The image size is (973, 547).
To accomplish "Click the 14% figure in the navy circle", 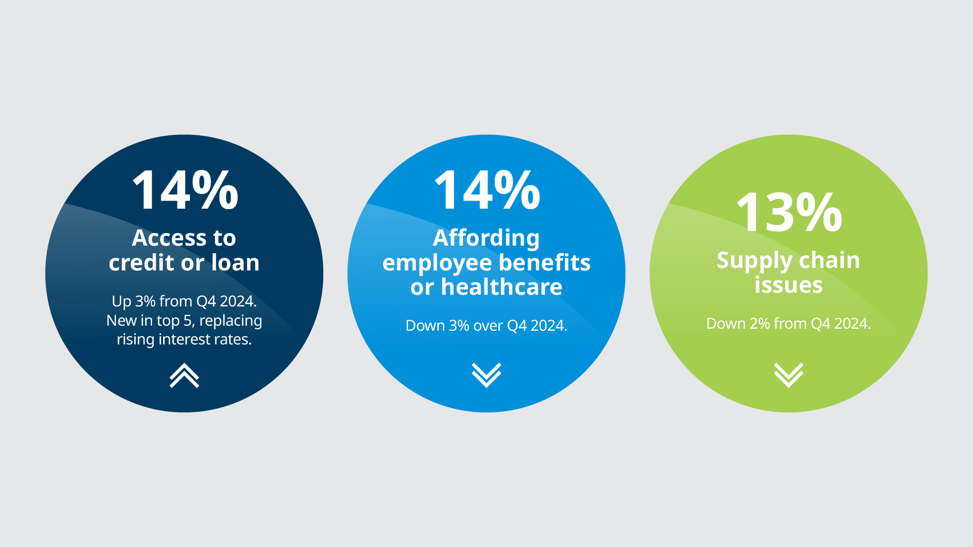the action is [185, 190].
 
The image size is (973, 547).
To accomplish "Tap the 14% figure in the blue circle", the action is [487, 190].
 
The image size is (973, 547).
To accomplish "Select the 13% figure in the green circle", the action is [789, 212].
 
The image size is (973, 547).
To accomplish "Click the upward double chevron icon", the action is [184, 375].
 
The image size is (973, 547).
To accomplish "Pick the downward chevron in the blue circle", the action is [486, 375].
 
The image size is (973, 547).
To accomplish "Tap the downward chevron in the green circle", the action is [789, 375].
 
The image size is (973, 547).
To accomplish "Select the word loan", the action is [235, 262].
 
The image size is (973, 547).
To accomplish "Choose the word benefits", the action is [545, 262].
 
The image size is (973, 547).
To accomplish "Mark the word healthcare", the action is [502, 287].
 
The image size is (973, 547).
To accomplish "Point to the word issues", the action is [789, 285].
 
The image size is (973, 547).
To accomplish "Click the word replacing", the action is [231, 321].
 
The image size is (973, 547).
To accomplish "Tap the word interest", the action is [184, 339].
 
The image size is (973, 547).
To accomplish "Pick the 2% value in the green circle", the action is [760, 324].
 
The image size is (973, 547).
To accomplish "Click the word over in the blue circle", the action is [488, 326].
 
